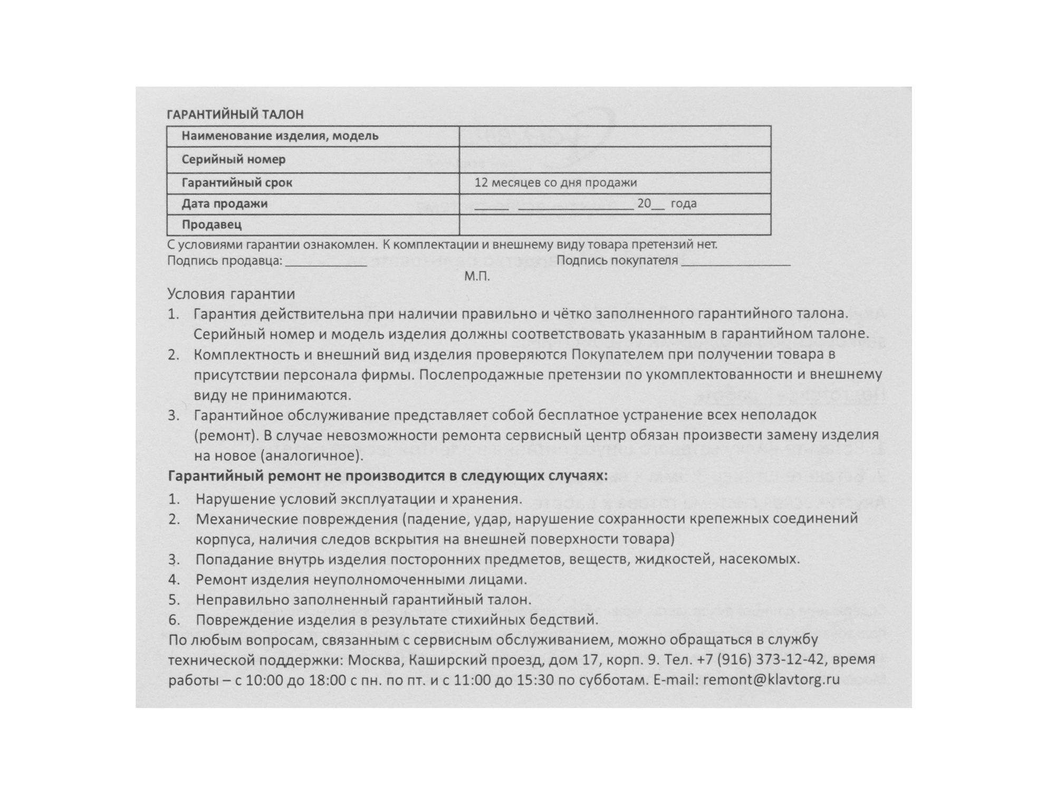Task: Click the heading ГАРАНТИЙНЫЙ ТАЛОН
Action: tap(235, 115)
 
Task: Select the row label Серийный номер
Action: tap(234, 159)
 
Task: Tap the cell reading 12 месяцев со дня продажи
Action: tap(555, 183)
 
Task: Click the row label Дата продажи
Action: tap(225, 204)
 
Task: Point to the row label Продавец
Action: tap(212, 225)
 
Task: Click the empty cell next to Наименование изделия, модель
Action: tap(615, 136)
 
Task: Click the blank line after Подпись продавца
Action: tap(326, 262)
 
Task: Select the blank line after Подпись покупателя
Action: tap(735, 262)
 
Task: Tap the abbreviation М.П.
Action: tap(477, 277)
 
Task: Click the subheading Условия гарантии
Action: tap(231, 294)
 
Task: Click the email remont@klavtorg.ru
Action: tap(771, 680)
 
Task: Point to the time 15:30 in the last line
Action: tap(535, 680)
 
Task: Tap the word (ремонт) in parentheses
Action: tap(224, 436)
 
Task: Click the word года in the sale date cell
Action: tap(684, 204)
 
